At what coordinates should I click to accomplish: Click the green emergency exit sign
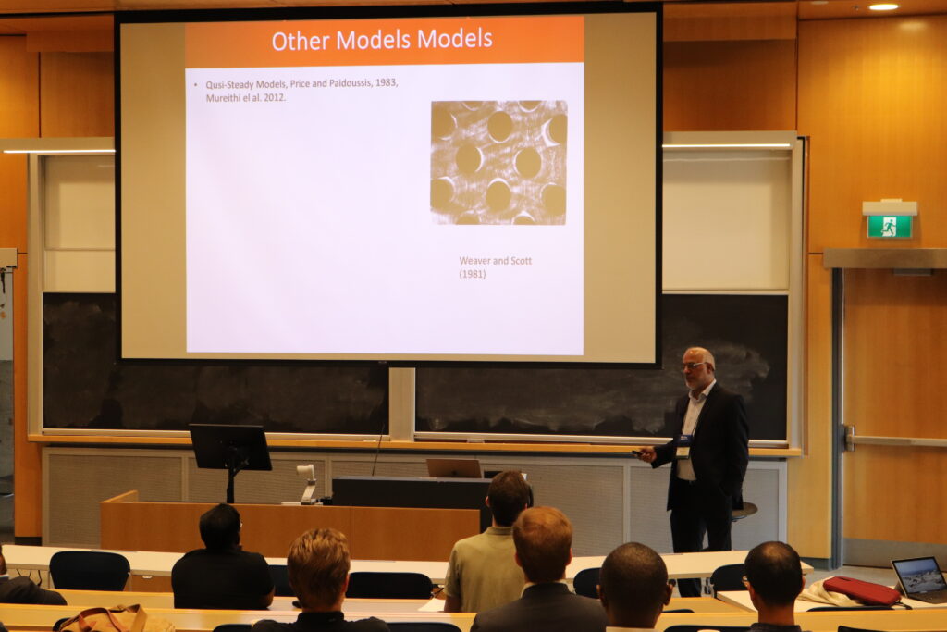click(x=889, y=227)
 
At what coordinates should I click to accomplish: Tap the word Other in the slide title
click(x=301, y=41)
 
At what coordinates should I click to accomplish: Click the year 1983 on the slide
click(x=386, y=82)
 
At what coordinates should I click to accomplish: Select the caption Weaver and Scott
click(x=496, y=260)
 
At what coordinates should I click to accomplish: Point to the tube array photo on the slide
click(x=498, y=163)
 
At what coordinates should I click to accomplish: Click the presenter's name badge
click(x=683, y=446)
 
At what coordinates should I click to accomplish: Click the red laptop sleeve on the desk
click(x=861, y=590)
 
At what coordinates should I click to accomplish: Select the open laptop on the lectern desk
click(x=453, y=468)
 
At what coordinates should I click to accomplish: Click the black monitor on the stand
click(x=230, y=447)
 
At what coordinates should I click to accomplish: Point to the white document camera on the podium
click(x=307, y=483)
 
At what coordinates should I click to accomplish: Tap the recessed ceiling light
click(x=883, y=6)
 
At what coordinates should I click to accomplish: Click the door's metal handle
click(x=851, y=438)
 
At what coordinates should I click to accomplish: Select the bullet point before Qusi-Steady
click(x=196, y=85)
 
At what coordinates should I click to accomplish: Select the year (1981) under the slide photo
click(x=473, y=274)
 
